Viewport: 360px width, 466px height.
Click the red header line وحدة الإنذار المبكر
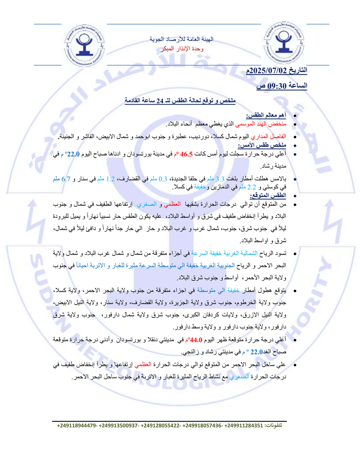point(182,48)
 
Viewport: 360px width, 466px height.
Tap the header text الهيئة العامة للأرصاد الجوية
point(182,40)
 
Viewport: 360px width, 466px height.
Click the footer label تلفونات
point(274,425)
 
